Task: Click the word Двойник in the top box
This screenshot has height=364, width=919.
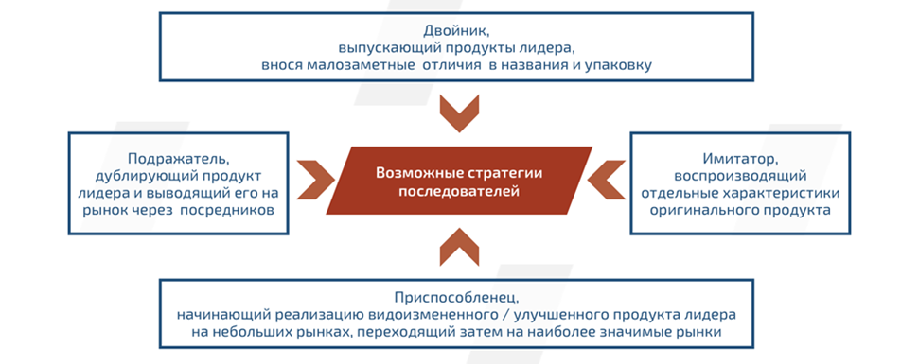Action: [457, 29]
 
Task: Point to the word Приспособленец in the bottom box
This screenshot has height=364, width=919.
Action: [457, 295]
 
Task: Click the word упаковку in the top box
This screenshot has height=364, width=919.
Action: [621, 65]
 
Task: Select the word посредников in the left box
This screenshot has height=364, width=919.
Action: [240, 211]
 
